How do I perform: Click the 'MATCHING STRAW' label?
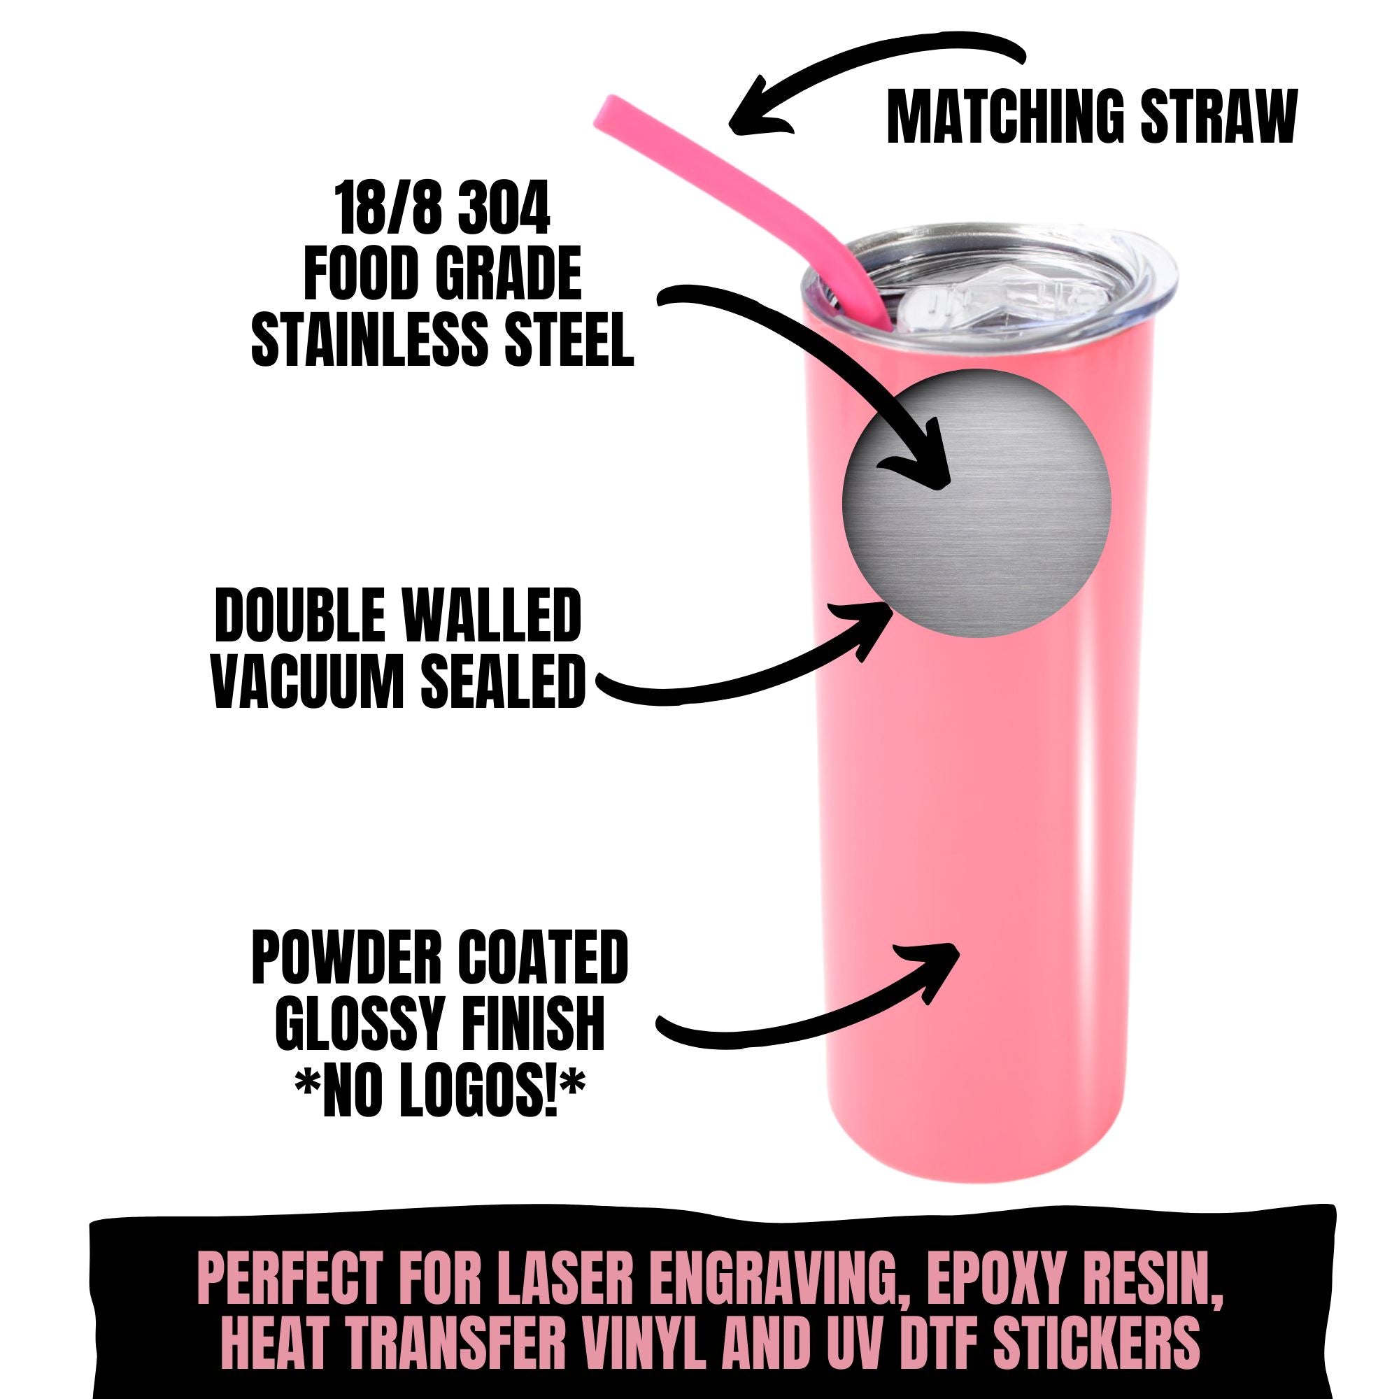(1091, 118)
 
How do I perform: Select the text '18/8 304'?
(441, 210)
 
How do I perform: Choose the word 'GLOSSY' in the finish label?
(362, 1027)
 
